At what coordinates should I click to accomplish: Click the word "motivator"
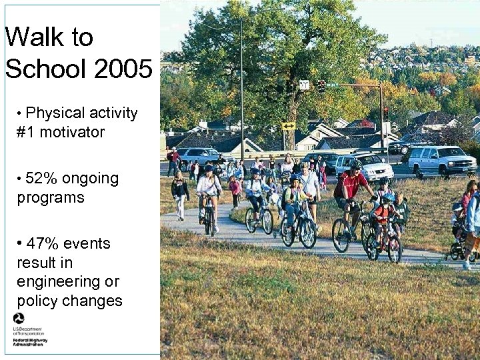point(72,132)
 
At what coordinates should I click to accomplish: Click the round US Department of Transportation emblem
point(19,319)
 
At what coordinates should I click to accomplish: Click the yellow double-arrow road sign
point(288,125)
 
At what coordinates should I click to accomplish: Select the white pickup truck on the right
point(441,160)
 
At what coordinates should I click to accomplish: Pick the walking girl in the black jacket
point(180,193)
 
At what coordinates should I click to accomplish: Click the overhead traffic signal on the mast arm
point(321,86)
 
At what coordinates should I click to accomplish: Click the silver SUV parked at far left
point(197,157)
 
